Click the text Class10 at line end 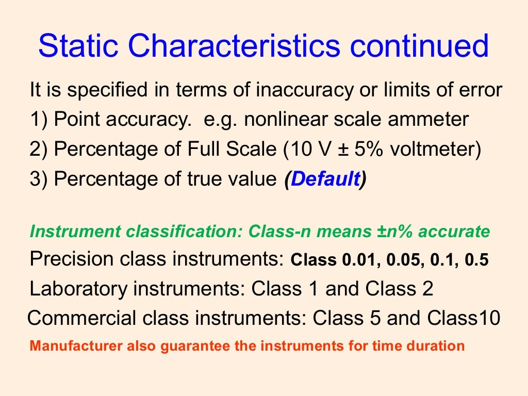464,318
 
